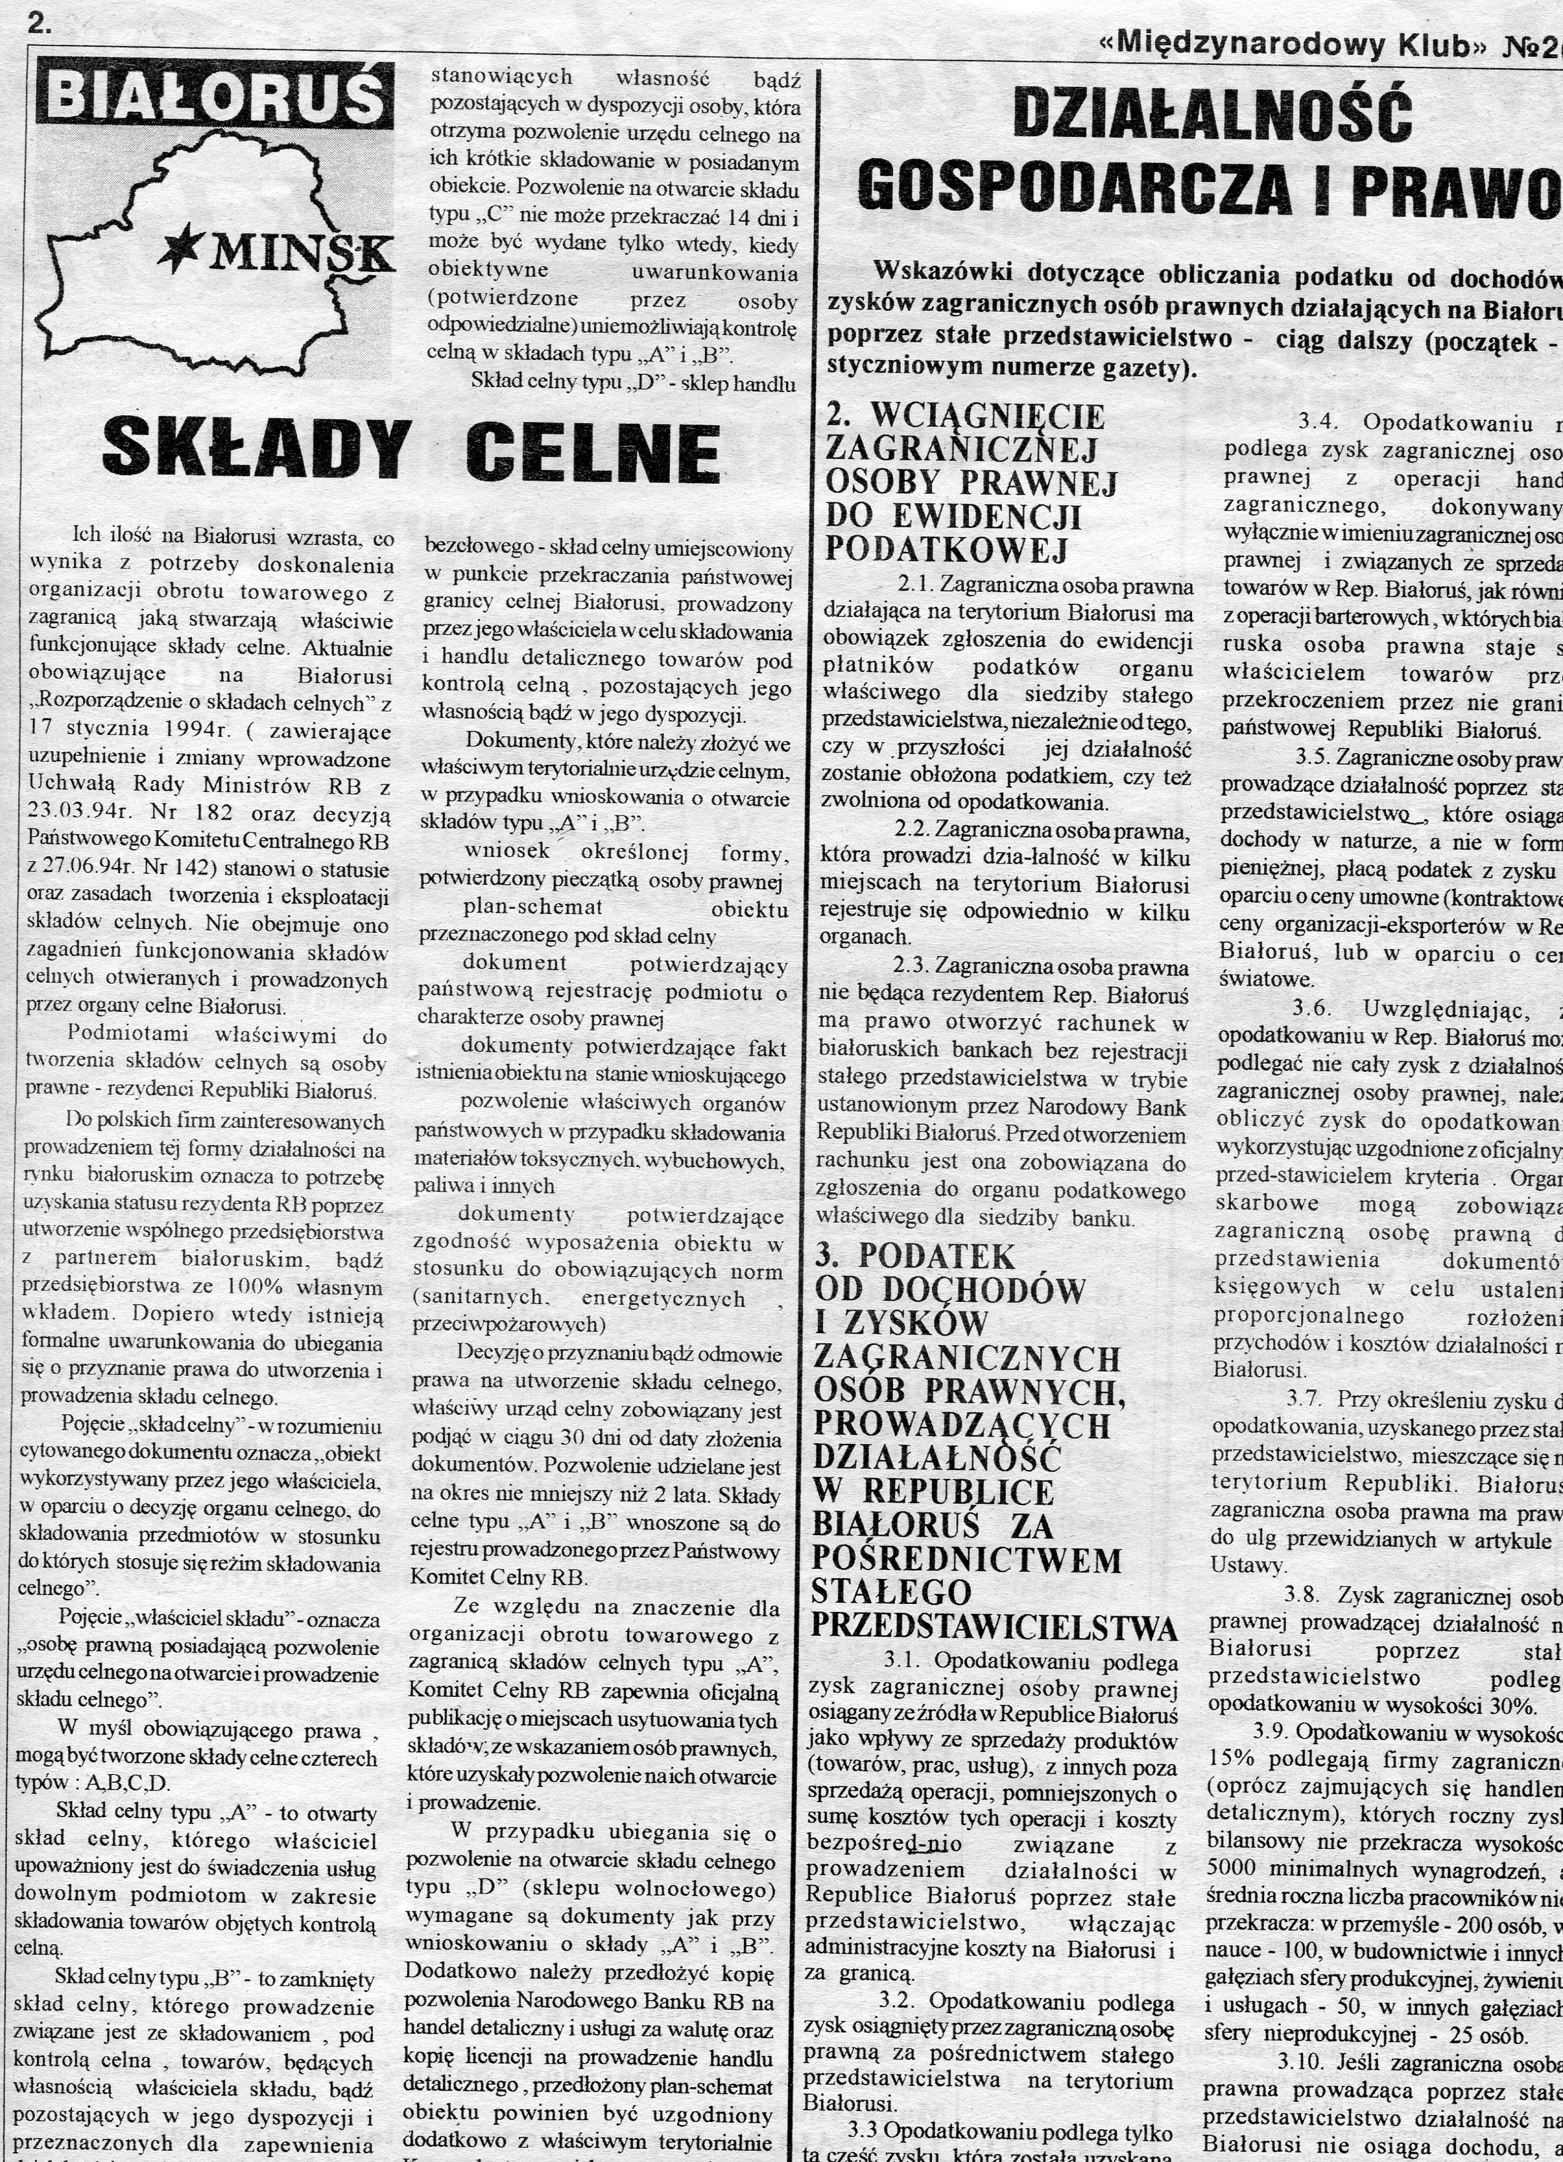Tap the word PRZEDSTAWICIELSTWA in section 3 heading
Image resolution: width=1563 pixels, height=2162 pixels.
994,1624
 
